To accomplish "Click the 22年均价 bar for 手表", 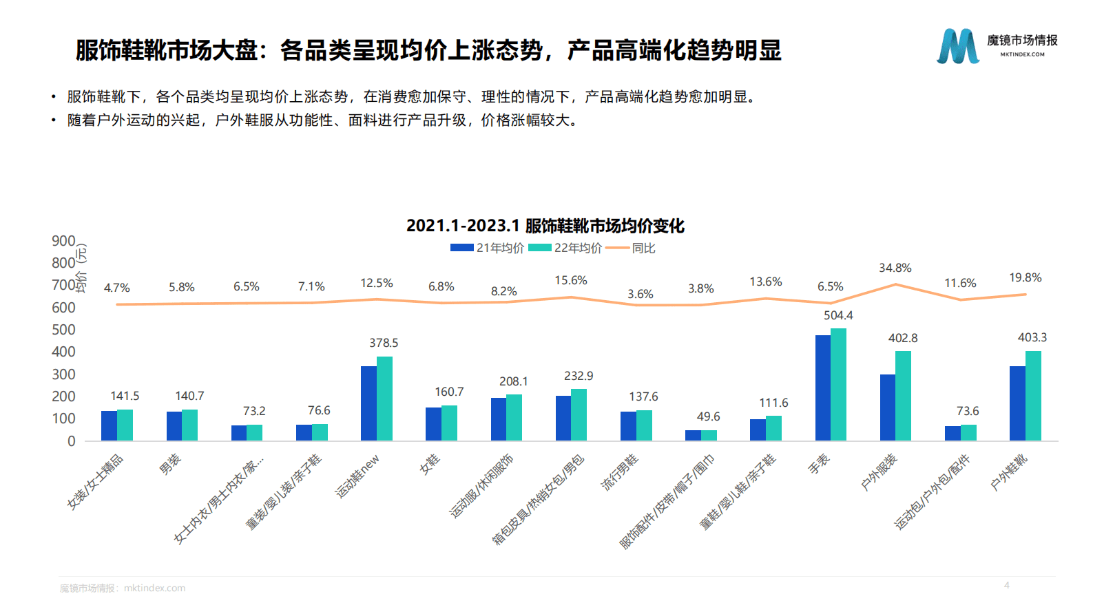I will coord(838,385).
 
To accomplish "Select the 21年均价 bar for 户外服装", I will coord(887,407).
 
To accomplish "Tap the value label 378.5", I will coord(384,343).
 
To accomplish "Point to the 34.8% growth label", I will coord(895,268).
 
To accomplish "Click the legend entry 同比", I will coord(643,248).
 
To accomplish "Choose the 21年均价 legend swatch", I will coord(461,248).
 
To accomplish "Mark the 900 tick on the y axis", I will coord(63,241).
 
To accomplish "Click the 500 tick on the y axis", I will coord(63,330).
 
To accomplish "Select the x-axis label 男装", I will coord(170,465).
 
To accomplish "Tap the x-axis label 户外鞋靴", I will coord(1009,472).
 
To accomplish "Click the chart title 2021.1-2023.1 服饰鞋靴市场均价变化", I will coord(545,226).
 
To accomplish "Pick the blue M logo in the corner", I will coord(957,46).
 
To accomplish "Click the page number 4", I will coord(1006,585).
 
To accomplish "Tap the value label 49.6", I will coord(708,416).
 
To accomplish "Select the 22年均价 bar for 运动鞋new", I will coord(384,399).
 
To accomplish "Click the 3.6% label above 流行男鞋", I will coord(640,294).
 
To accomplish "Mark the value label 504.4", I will coord(838,315).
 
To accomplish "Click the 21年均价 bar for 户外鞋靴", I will coord(1017,403).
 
